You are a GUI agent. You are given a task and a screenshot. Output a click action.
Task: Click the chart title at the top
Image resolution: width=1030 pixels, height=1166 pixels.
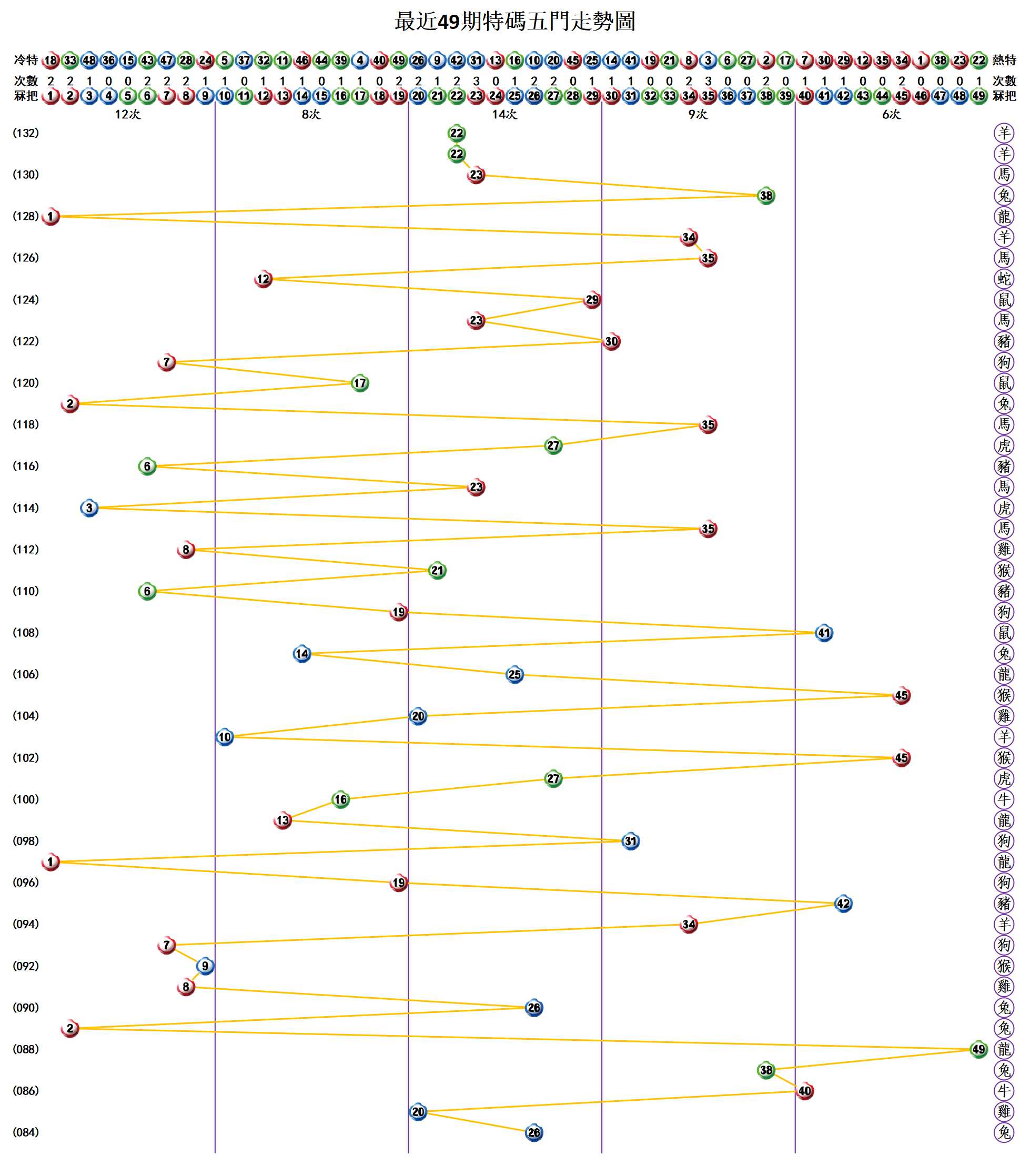coord(514,22)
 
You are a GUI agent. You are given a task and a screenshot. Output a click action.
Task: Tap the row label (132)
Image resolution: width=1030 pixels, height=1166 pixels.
coord(26,133)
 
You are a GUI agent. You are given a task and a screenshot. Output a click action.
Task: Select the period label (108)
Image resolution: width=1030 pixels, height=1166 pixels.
coord(26,633)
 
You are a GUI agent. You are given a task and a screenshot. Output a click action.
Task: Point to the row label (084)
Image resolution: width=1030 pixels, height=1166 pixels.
coord(26,1132)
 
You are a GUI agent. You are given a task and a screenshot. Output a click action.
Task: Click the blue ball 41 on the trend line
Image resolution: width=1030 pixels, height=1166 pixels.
coord(823,633)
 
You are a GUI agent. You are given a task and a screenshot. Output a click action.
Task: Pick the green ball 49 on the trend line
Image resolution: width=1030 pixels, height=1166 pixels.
coord(978,1049)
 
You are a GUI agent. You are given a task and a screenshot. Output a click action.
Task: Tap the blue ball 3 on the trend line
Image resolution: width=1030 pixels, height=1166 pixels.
coord(89,508)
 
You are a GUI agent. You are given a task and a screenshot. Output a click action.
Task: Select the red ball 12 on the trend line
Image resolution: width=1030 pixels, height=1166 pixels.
coord(263,279)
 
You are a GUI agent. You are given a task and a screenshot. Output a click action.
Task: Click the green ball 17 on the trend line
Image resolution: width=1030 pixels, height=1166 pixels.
coord(359,383)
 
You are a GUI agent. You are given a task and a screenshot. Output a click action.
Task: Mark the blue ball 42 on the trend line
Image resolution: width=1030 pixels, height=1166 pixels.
coord(843,904)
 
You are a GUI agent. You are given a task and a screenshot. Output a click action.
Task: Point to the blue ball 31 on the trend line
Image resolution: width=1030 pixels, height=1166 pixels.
coord(630,841)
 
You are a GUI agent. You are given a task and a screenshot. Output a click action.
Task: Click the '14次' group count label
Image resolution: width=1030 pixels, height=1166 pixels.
coord(504,115)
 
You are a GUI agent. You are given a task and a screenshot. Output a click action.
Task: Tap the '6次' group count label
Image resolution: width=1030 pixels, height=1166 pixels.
coord(891,115)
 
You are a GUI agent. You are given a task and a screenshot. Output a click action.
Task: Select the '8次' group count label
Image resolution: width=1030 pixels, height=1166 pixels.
coord(311,115)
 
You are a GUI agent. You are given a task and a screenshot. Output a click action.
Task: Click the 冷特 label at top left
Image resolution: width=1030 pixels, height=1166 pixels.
coord(26,60)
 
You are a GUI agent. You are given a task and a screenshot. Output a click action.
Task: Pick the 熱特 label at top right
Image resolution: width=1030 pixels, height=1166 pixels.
coord(1004,60)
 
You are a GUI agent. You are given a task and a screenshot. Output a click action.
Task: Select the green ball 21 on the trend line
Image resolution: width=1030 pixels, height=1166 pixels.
coord(437,571)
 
